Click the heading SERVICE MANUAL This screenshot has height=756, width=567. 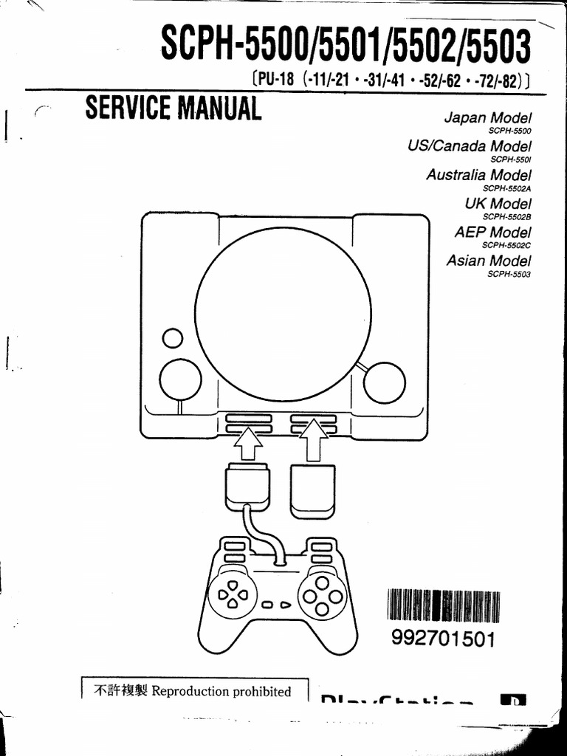click(x=173, y=109)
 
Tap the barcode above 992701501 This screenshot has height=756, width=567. click(x=444, y=608)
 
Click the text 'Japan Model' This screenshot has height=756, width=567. click(x=487, y=118)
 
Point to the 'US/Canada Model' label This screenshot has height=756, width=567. click(x=469, y=146)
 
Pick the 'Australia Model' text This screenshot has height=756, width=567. click(x=478, y=175)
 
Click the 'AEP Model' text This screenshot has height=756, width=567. click(x=492, y=232)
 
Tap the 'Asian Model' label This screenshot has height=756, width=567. click(x=489, y=261)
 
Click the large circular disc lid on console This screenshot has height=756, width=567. click(x=283, y=314)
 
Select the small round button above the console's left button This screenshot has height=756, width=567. click(x=173, y=338)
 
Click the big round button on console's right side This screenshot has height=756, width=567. click(x=384, y=382)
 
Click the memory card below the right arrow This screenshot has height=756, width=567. click(x=313, y=488)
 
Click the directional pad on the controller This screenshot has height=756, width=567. click(x=232, y=594)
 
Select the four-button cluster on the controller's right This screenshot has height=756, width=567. click(x=322, y=595)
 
